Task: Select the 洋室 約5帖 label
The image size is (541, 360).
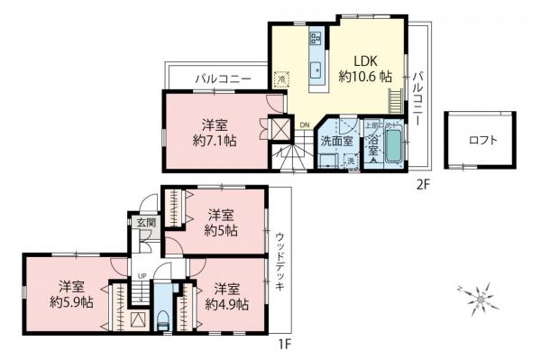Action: click(222, 222)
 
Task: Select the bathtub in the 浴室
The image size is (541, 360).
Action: click(394, 148)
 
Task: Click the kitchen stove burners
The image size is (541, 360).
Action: click(316, 39)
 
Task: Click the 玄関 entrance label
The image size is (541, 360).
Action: click(145, 221)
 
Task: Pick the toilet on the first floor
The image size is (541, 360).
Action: click(162, 318)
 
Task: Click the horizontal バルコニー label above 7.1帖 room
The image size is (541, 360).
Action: click(223, 78)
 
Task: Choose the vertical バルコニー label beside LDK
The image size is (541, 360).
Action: click(417, 98)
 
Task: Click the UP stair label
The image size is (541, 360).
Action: click(142, 276)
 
